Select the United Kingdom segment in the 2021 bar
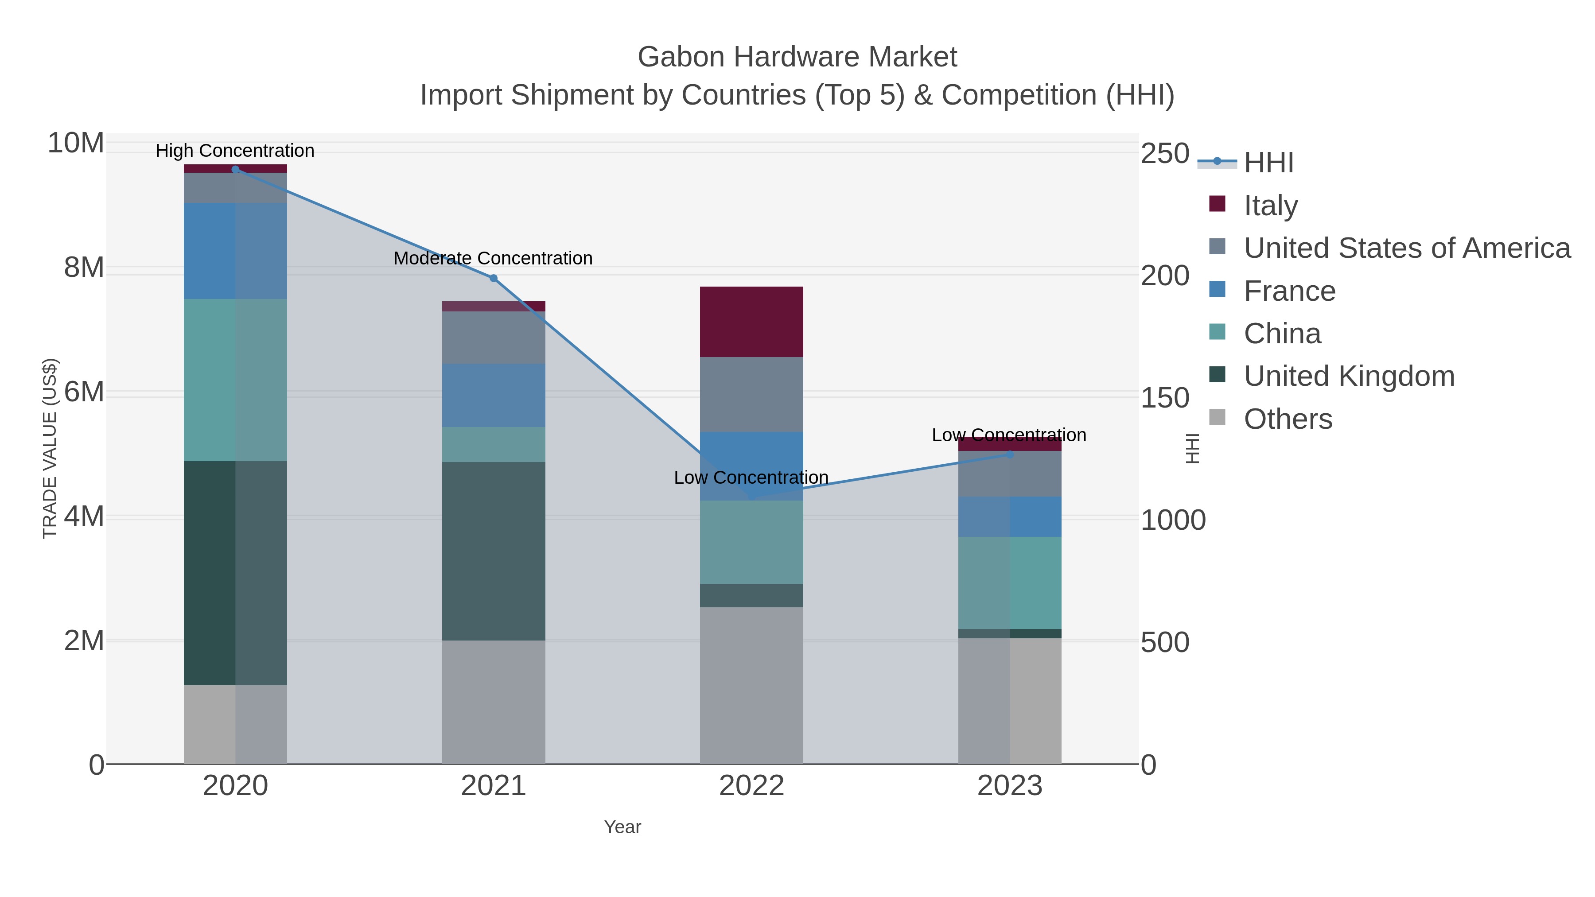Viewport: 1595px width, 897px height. click(x=494, y=551)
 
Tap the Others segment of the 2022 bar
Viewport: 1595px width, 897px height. click(x=751, y=685)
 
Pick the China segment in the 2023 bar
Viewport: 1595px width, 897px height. click(x=1010, y=582)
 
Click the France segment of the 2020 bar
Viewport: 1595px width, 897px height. click(x=235, y=251)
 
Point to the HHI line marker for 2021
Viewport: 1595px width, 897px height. click(x=494, y=278)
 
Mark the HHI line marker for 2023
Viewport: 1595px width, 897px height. click(x=1010, y=454)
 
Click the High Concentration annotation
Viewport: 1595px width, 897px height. click(x=235, y=151)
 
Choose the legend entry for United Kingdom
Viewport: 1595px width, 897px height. click(x=1349, y=377)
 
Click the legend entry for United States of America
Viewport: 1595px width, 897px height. click(x=1407, y=248)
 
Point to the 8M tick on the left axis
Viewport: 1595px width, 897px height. click(x=84, y=268)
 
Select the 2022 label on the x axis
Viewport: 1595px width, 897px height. click(x=751, y=786)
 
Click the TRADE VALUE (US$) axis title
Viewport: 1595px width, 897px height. click(x=50, y=448)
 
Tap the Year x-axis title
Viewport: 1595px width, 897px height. click(x=622, y=827)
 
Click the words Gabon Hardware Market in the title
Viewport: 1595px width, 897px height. click(x=797, y=57)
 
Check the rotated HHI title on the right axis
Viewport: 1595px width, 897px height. click(x=1192, y=448)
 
